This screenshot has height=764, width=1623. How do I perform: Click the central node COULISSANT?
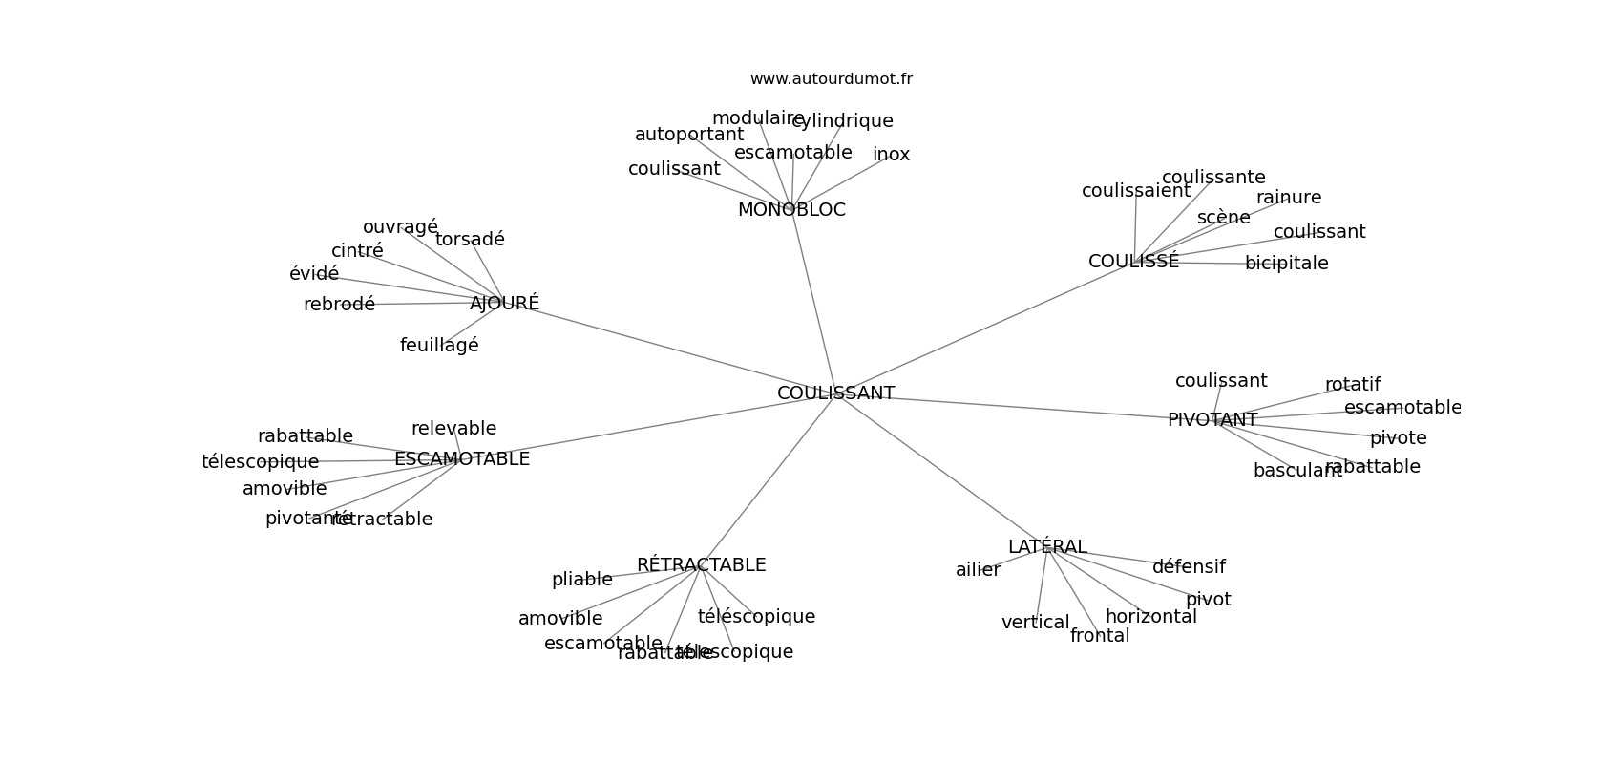point(835,393)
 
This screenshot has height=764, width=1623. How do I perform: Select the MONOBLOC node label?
point(791,210)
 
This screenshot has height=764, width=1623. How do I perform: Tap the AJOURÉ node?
point(504,304)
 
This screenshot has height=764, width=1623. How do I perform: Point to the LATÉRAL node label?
point(1047,547)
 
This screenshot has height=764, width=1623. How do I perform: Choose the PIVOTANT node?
point(1212,420)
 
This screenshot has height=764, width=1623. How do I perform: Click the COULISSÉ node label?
point(1133,262)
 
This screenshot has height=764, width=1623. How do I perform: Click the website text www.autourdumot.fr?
point(831,79)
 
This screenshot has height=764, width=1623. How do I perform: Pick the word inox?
point(891,155)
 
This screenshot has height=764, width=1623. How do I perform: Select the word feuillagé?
point(439,346)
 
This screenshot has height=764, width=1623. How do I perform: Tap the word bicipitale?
point(1286,264)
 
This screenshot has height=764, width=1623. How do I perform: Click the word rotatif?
point(1352,385)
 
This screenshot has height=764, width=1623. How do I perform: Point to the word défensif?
point(1189,567)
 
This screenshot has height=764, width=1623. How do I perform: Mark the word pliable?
point(581,580)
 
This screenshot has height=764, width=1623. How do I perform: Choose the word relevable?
point(453,429)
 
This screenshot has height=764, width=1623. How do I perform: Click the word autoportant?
point(688,135)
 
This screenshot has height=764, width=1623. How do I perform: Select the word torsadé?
point(470,240)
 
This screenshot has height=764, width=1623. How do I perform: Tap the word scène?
point(1223,218)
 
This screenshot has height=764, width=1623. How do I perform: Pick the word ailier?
point(978,570)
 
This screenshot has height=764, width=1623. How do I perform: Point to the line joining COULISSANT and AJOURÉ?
point(668,349)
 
